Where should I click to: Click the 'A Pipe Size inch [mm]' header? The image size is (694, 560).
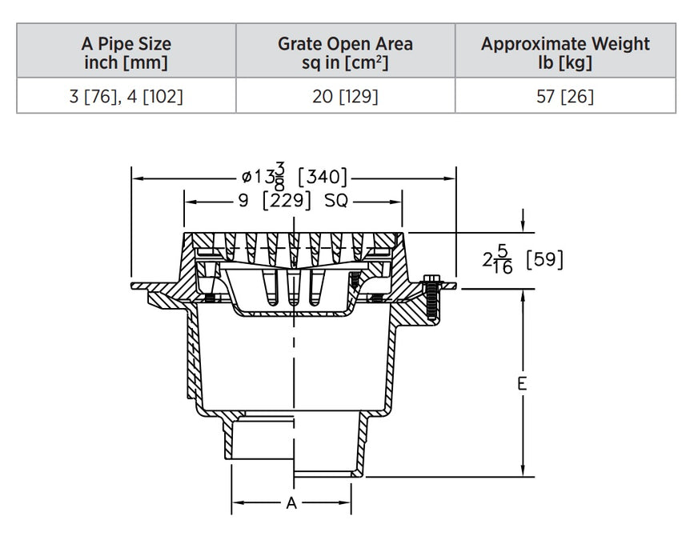pyautogui.click(x=126, y=52)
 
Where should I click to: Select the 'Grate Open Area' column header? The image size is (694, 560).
pyautogui.click(x=345, y=52)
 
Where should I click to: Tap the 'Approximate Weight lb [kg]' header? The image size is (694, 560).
pyautogui.click(x=565, y=52)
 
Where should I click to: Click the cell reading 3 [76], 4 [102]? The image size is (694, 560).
pyautogui.click(x=126, y=96)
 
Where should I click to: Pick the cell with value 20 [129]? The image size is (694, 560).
pyautogui.click(x=345, y=96)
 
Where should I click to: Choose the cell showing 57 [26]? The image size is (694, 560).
pyautogui.click(x=565, y=96)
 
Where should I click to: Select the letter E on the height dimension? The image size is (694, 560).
pyautogui.click(x=522, y=383)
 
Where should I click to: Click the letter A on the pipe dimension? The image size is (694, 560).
pyautogui.click(x=291, y=503)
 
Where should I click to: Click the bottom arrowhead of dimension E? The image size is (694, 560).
pyautogui.click(x=523, y=472)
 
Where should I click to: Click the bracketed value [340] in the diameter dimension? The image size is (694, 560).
pyautogui.click(x=322, y=177)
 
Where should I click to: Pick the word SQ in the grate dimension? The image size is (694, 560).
pyautogui.click(x=336, y=201)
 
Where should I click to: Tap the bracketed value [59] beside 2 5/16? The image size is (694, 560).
pyautogui.click(x=544, y=260)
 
